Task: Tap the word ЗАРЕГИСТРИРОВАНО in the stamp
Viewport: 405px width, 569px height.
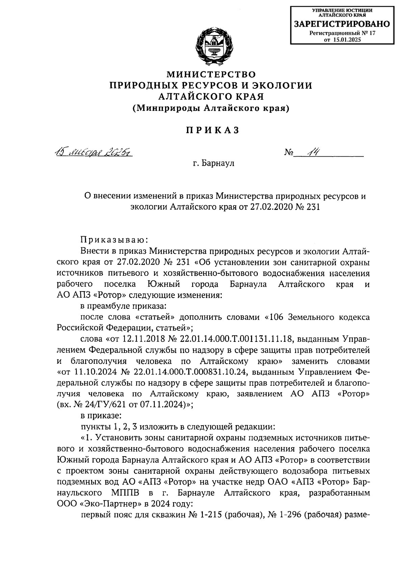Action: tap(342, 24)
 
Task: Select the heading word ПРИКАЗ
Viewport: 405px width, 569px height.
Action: tap(212, 130)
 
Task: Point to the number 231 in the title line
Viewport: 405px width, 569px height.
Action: tap(311, 206)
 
